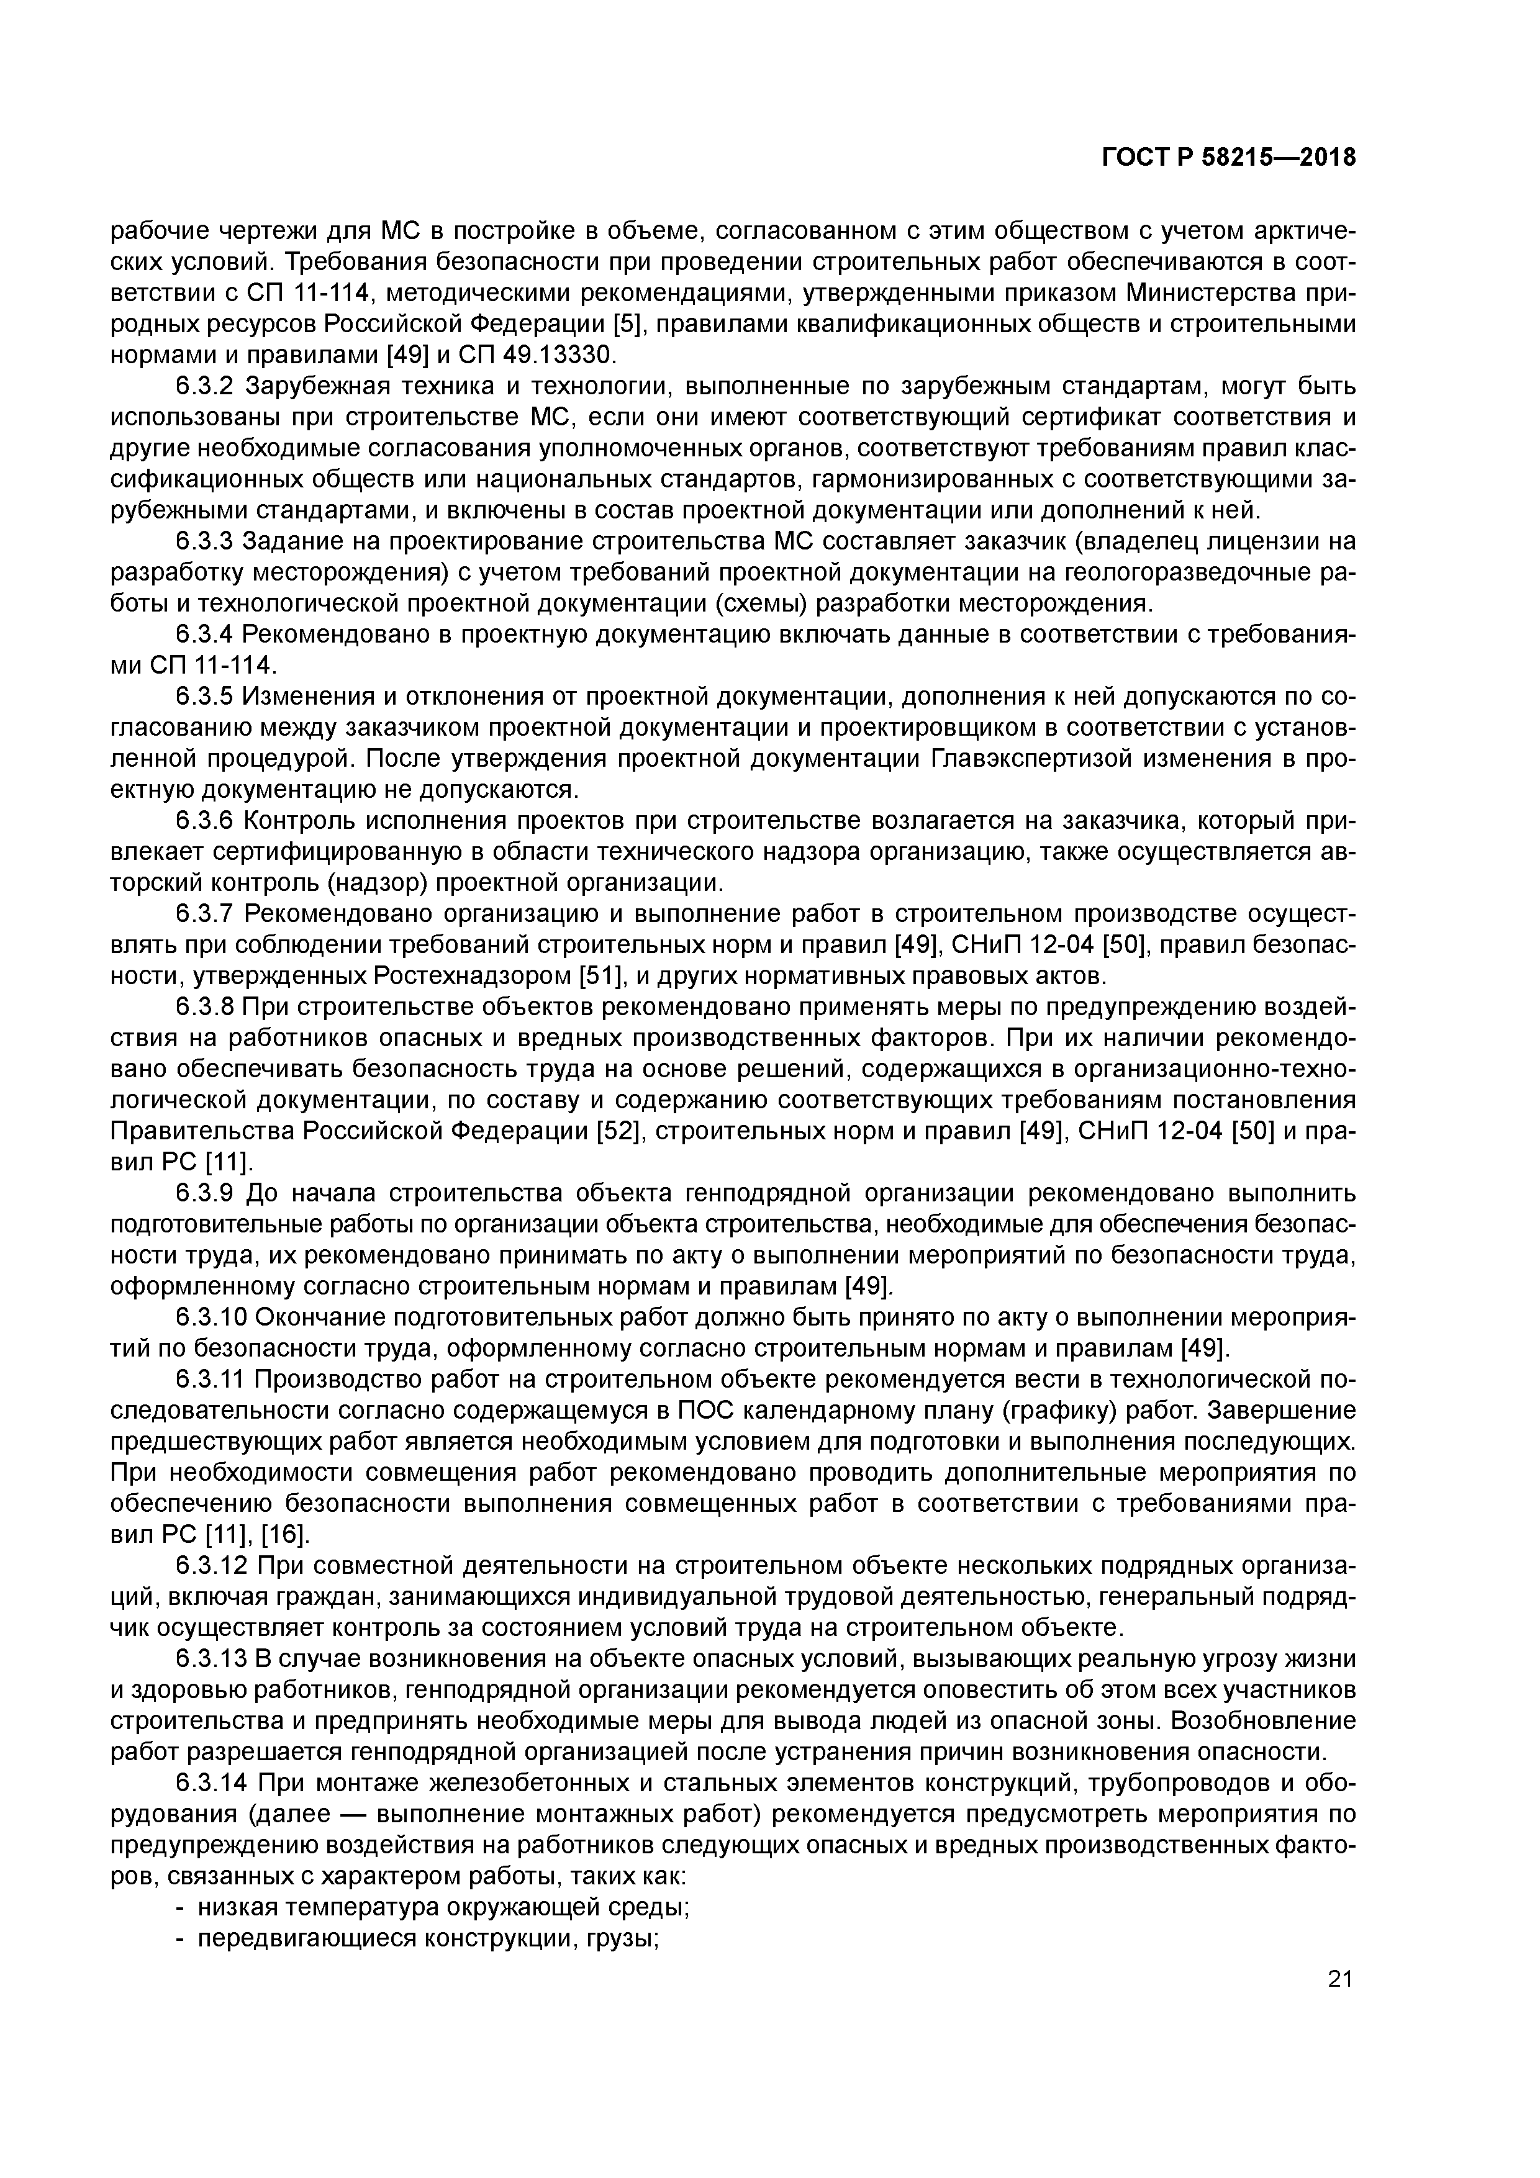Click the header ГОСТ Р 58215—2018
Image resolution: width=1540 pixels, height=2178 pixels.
[x=1229, y=158]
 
